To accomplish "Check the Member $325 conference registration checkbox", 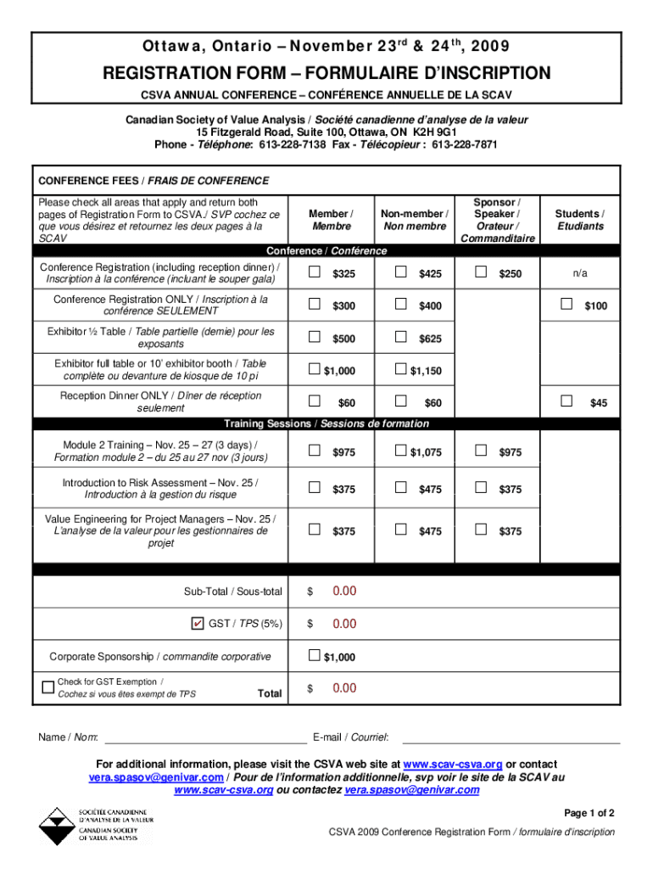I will pyautogui.click(x=315, y=272).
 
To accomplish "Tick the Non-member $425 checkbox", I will pyautogui.click(x=400, y=272).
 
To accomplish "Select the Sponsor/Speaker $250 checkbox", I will pyautogui.click(x=481, y=272).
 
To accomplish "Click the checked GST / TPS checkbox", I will pyautogui.click(x=198, y=624).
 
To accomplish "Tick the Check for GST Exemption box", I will pyautogui.click(x=47, y=687).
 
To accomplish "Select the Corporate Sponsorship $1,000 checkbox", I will pyautogui.click(x=315, y=655).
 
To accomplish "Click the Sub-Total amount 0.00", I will pyautogui.click(x=344, y=591).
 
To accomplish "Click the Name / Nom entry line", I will pyautogui.click(x=204, y=737).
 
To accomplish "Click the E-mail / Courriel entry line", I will pyautogui.click(x=510, y=737).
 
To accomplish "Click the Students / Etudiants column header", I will pyautogui.click(x=580, y=221).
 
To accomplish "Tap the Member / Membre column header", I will pyautogui.click(x=331, y=221).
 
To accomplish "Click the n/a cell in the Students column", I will pyautogui.click(x=580, y=273).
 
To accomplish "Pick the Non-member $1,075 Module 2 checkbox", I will pyautogui.click(x=400, y=451).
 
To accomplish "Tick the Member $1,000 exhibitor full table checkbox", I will pyautogui.click(x=315, y=368).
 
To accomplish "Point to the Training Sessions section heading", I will pyautogui.click(x=326, y=423).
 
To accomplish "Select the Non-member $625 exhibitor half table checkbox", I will pyautogui.click(x=400, y=337).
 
